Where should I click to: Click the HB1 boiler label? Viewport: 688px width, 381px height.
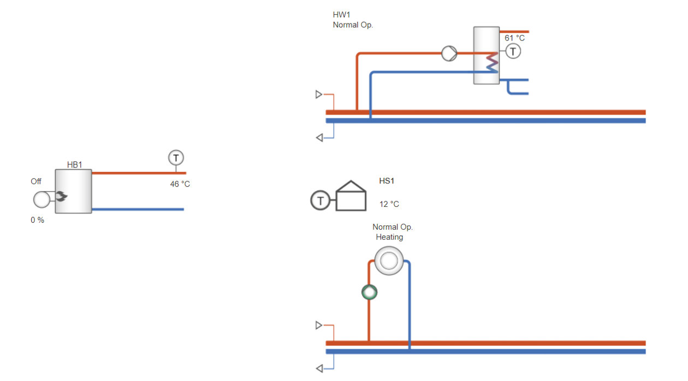point(74,165)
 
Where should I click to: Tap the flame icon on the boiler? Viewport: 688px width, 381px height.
point(61,196)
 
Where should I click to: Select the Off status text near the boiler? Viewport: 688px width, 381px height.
point(36,181)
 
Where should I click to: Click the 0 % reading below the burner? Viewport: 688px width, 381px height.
point(38,220)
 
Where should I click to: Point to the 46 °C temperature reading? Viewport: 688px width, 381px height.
point(180,184)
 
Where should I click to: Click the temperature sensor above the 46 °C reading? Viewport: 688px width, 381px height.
point(176,158)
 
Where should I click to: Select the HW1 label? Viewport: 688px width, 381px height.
point(342,15)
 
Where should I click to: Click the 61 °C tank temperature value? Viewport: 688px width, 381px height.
point(515,38)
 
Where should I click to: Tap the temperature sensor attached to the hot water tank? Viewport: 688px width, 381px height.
point(513,51)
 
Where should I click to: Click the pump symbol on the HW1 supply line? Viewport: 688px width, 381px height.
point(449,53)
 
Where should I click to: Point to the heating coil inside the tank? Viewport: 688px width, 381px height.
point(492,63)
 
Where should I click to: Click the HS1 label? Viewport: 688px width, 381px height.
point(387,181)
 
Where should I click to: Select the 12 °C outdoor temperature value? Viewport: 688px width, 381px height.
point(389,204)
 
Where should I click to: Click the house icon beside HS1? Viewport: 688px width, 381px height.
point(351,195)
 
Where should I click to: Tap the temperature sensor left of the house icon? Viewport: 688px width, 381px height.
point(321,200)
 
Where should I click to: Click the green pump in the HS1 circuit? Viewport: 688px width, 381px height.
point(369,292)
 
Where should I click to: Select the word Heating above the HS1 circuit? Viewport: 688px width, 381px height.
point(389,237)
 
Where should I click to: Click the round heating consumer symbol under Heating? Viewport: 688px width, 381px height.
point(389,261)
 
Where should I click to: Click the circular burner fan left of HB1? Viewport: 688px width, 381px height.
point(41,200)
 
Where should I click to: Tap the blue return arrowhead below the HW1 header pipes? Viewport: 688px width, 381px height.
point(319,138)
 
